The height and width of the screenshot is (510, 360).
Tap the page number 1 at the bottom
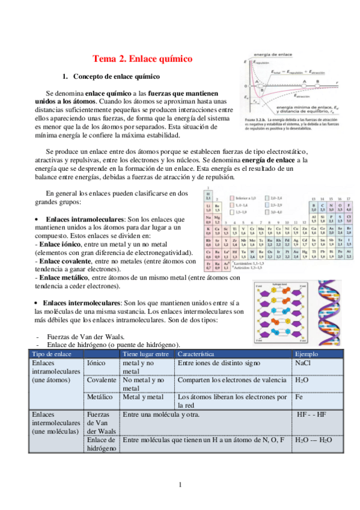pos(180,485)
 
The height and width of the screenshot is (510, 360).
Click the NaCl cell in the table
pos(303,364)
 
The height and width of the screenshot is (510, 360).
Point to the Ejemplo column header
pos(307,354)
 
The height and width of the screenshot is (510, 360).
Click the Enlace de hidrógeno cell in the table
pos(102,446)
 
